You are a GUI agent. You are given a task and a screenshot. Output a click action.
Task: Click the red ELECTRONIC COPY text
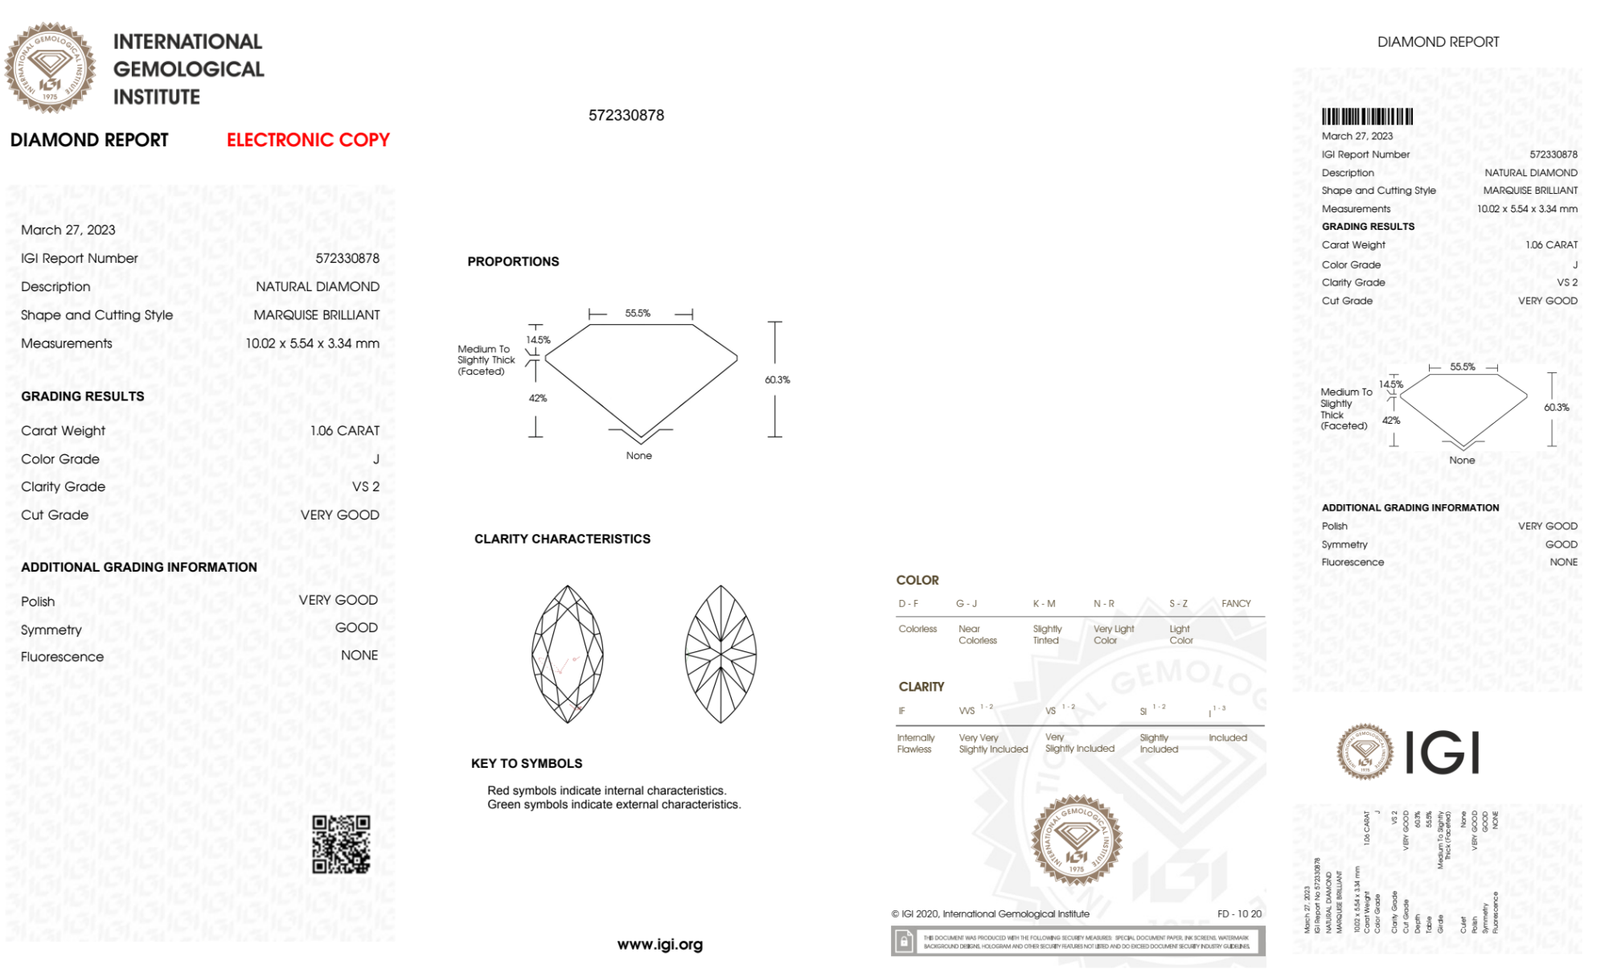(308, 140)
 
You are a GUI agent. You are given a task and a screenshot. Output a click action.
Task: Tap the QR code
(341, 844)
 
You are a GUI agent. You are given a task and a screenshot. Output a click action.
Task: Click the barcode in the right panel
(1367, 117)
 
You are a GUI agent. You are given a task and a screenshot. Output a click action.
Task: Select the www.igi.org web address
(659, 944)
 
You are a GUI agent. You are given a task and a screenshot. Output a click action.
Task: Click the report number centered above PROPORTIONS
(626, 115)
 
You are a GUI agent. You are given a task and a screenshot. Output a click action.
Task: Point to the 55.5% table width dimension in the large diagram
(638, 313)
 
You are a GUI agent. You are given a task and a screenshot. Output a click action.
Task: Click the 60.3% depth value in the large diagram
(777, 380)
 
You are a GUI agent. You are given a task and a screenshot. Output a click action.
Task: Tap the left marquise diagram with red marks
(568, 654)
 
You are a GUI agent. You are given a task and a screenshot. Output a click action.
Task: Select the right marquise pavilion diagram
(720, 654)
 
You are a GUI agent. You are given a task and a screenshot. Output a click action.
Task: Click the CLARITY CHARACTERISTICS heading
(562, 539)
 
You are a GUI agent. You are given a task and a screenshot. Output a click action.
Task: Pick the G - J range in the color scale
(967, 603)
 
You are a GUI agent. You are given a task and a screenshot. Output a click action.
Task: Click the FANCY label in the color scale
(1236, 603)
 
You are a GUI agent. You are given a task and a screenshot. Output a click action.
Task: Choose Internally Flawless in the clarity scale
(915, 743)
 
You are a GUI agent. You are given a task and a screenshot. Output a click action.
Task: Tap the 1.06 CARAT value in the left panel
(345, 431)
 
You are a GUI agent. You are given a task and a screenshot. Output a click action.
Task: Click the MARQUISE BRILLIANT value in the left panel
(317, 315)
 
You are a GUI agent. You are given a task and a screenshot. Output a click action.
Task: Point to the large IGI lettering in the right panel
(1443, 753)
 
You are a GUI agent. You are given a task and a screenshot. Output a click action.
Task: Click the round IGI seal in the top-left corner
(50, 68)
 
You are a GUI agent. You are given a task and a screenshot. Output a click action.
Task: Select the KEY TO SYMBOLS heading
(527, 763)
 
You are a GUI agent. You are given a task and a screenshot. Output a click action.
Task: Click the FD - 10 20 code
(1239, 913)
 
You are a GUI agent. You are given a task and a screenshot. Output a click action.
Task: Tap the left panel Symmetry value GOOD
(356, 628)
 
